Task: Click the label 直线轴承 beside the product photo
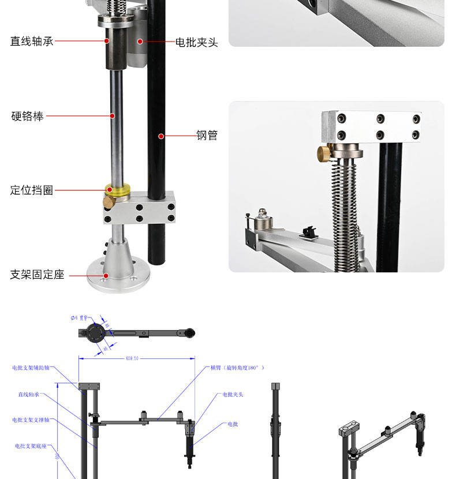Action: click(x=32, y=42)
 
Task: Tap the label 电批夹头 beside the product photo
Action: click(x=197, y=42)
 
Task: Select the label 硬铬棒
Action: click(x=27, y=116)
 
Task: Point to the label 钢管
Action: click(x=207, y=136)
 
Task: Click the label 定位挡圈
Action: click(x=32, y=190)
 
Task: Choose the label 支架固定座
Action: click(x=37, y=275)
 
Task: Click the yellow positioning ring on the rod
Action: click(x=117, y=189)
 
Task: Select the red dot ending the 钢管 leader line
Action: click(x=162, y=137)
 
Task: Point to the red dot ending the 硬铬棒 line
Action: click(x=113, y=116)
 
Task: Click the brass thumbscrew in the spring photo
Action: click(x=324, y=153)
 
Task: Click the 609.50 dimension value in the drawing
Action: click(x=132, y=358)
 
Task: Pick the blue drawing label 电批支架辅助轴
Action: click(x=31, y=367)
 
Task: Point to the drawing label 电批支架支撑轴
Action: click(x=31, y=420)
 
